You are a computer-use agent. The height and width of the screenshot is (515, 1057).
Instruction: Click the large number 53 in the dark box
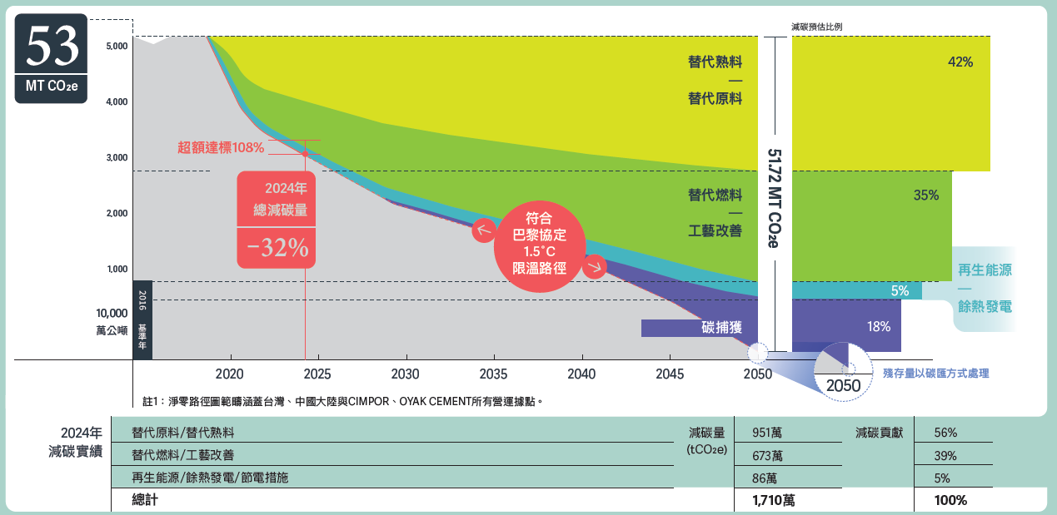(x=52, y=47)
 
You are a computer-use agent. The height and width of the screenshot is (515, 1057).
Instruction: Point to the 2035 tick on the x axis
(x=493, y=374)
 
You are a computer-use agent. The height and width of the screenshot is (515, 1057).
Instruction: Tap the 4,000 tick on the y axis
(x=116, y=102)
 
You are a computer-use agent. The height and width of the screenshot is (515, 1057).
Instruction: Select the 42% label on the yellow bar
(x=960, y=62)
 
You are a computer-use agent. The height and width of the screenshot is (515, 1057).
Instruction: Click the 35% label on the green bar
(x=926, y=196)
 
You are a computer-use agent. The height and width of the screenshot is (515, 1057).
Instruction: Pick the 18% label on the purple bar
(x=879, y=327)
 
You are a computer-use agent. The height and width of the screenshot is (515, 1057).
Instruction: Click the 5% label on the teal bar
(x=900, y=291)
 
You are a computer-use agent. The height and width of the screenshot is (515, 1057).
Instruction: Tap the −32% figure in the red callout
(x=277, y=247)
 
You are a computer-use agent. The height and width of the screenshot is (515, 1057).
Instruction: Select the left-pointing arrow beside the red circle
(x=483, y=230)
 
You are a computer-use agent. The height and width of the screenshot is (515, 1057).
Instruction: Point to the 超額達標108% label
(x=221, y=148)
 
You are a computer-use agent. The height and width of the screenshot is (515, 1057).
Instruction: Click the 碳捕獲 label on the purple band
(x=722, y=328)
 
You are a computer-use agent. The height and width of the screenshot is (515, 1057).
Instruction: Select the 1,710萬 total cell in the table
(x=773, y=500)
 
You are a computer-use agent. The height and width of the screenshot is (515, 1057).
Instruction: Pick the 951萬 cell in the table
(x=766, y=433)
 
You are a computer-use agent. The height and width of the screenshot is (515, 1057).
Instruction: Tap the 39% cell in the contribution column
(x=945, y=455)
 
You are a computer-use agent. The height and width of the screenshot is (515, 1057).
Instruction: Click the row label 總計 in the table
(x=144, y=500)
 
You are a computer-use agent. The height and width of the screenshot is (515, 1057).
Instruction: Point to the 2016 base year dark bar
(x=142, y=319)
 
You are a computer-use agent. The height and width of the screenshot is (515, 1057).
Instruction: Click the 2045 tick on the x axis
(x=670, y=374)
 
